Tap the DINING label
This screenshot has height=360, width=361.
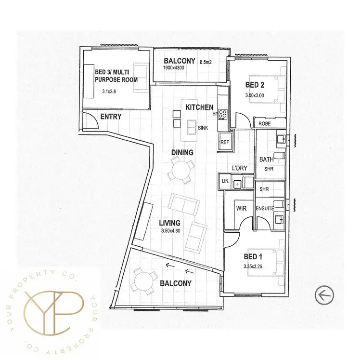point(182,152)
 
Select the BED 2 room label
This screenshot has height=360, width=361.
point(255,85)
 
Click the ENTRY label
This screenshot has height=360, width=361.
point(111,117)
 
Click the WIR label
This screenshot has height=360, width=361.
point(241,209)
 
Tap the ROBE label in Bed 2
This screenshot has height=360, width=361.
point(264,124)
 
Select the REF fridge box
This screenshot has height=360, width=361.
point(225,142)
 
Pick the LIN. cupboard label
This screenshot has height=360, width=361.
point(225,181)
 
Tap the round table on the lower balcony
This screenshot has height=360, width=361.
point(142,279)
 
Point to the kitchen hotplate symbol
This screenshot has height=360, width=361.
point(223,114)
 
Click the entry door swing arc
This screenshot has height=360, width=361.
point(90,120)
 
